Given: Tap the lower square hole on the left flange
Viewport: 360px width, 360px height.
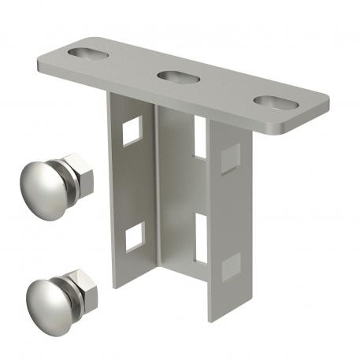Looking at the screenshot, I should click(x=135, y=232).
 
